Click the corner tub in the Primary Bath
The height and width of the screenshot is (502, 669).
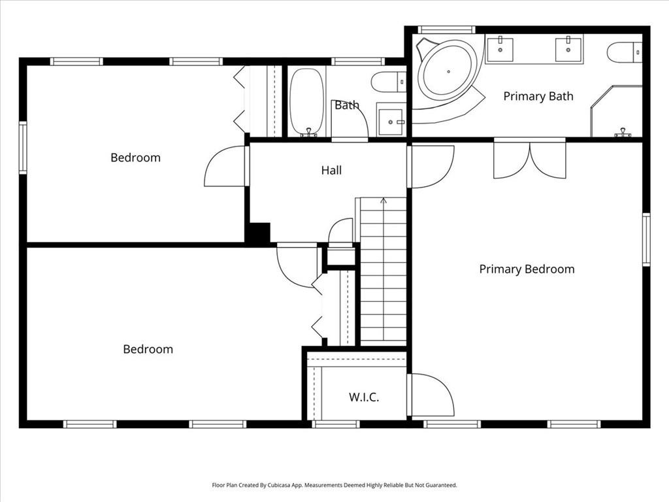[x=448, y=71]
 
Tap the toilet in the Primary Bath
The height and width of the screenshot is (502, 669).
[x=624, y=52]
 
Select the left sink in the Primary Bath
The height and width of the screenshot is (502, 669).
[x=500, y=50]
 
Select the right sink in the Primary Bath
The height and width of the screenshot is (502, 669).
[x=568, y=50]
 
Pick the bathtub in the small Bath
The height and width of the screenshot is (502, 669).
[x=306, y=101]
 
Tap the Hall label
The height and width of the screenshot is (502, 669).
[x=331, y=171]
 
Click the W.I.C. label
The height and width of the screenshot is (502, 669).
[x=364, y=397]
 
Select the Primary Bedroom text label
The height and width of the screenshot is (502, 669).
[x=527, y=269]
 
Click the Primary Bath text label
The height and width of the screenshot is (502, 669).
[x=538, y=96]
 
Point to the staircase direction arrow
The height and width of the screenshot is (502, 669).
[x=383, y=200]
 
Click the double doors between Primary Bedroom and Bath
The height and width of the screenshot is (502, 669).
[x=529, y=158]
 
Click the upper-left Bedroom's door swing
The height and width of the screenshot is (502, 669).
[x=226, y=167]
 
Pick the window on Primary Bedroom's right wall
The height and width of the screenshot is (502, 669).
[x=645, y=239]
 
